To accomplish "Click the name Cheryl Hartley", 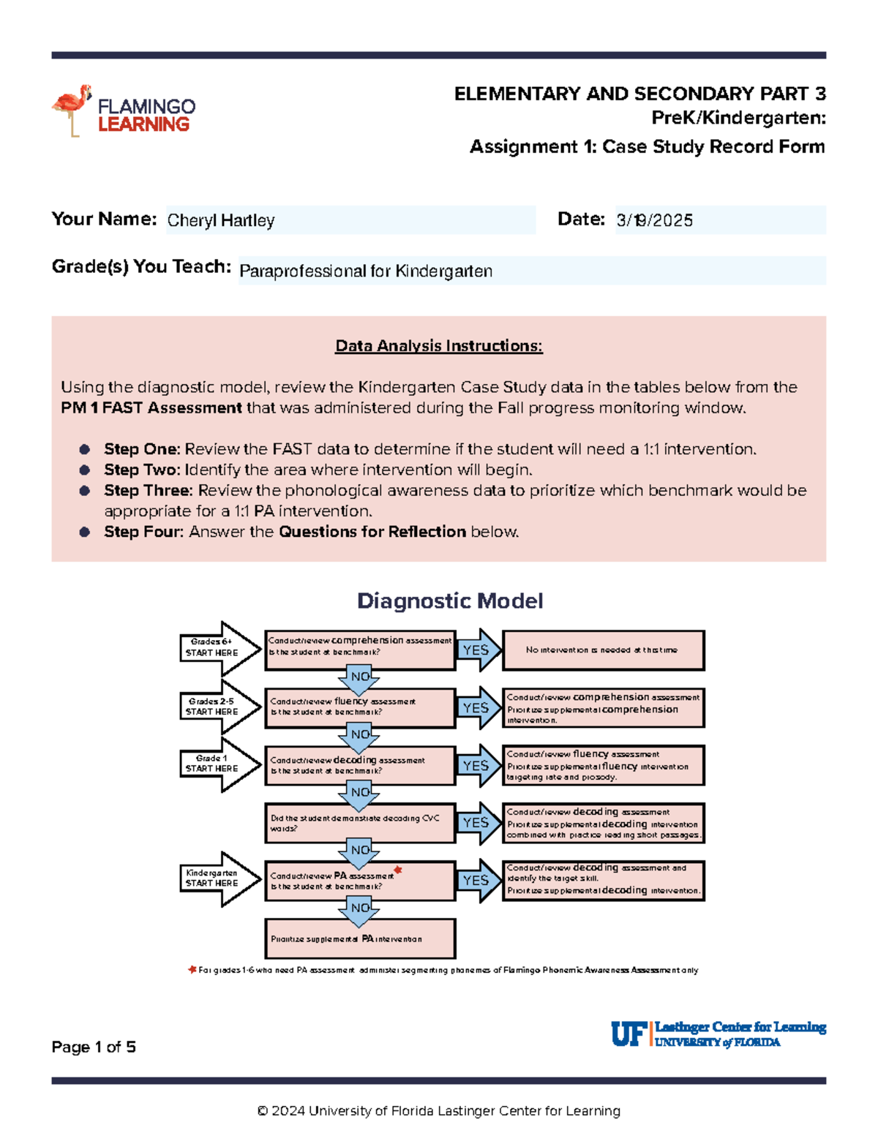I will (x=221, y=220).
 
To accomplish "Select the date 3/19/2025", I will (x=654, y=220).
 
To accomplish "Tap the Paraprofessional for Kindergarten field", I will (x=366, y=271).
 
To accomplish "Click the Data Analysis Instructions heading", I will (x=438, y=346).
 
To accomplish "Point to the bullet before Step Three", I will (x=85, y=491).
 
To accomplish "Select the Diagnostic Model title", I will (x=449, y=601).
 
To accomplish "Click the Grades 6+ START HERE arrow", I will (x=219, y=648).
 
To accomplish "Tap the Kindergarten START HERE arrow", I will (x=219, y=879).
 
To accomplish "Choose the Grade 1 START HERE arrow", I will (x=219, y=764).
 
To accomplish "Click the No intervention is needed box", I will (x=603, y=650).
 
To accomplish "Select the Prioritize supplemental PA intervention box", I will (x=360, y=938).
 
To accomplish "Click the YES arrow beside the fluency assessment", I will (x=478, y=708).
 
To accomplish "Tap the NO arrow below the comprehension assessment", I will (x=359, y=678).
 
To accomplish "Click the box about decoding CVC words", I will (x=360, y=823).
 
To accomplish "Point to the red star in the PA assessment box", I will (x=398, y=870).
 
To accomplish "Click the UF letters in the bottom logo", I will (x=628, y=1034).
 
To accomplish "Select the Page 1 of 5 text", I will (x=94, y=1047).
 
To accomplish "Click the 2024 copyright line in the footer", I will (x=438, y=1110).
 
